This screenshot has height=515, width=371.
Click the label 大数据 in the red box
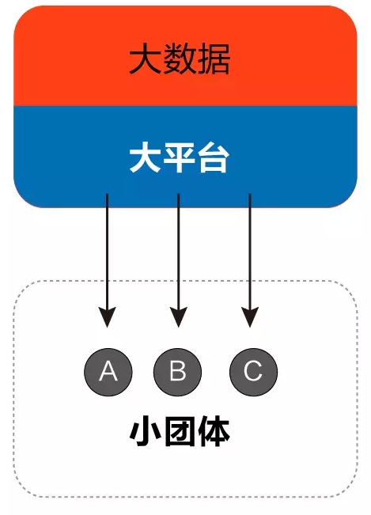180,59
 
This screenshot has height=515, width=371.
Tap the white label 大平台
180,159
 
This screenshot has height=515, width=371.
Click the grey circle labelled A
108,372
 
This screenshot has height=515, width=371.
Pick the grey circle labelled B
178,372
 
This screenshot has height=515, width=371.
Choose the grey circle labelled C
253,372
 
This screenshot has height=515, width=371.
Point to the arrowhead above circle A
107,316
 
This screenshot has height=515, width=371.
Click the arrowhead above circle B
178,316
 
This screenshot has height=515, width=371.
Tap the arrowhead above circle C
250,316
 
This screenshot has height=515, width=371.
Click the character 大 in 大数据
145,59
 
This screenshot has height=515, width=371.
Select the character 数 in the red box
180,59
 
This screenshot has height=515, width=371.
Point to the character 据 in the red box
214,59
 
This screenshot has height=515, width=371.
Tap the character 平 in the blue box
180,159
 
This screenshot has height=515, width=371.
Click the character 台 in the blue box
214,159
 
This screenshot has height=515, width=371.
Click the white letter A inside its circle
108,371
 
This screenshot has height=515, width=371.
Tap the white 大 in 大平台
145,159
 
